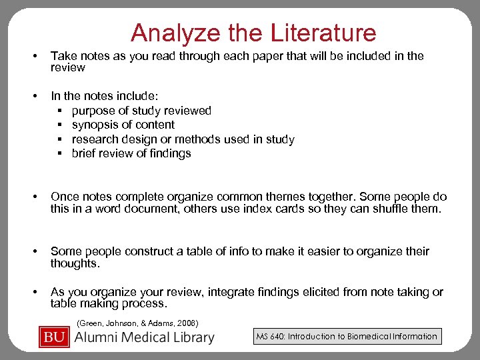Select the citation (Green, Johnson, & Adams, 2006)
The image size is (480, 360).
pos(137,323)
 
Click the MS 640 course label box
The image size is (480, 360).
pos(347,336)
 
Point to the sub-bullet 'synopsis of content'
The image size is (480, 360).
pos(123,125)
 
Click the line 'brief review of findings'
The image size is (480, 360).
pos(131,153)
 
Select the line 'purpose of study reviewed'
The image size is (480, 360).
pos(141,111)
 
